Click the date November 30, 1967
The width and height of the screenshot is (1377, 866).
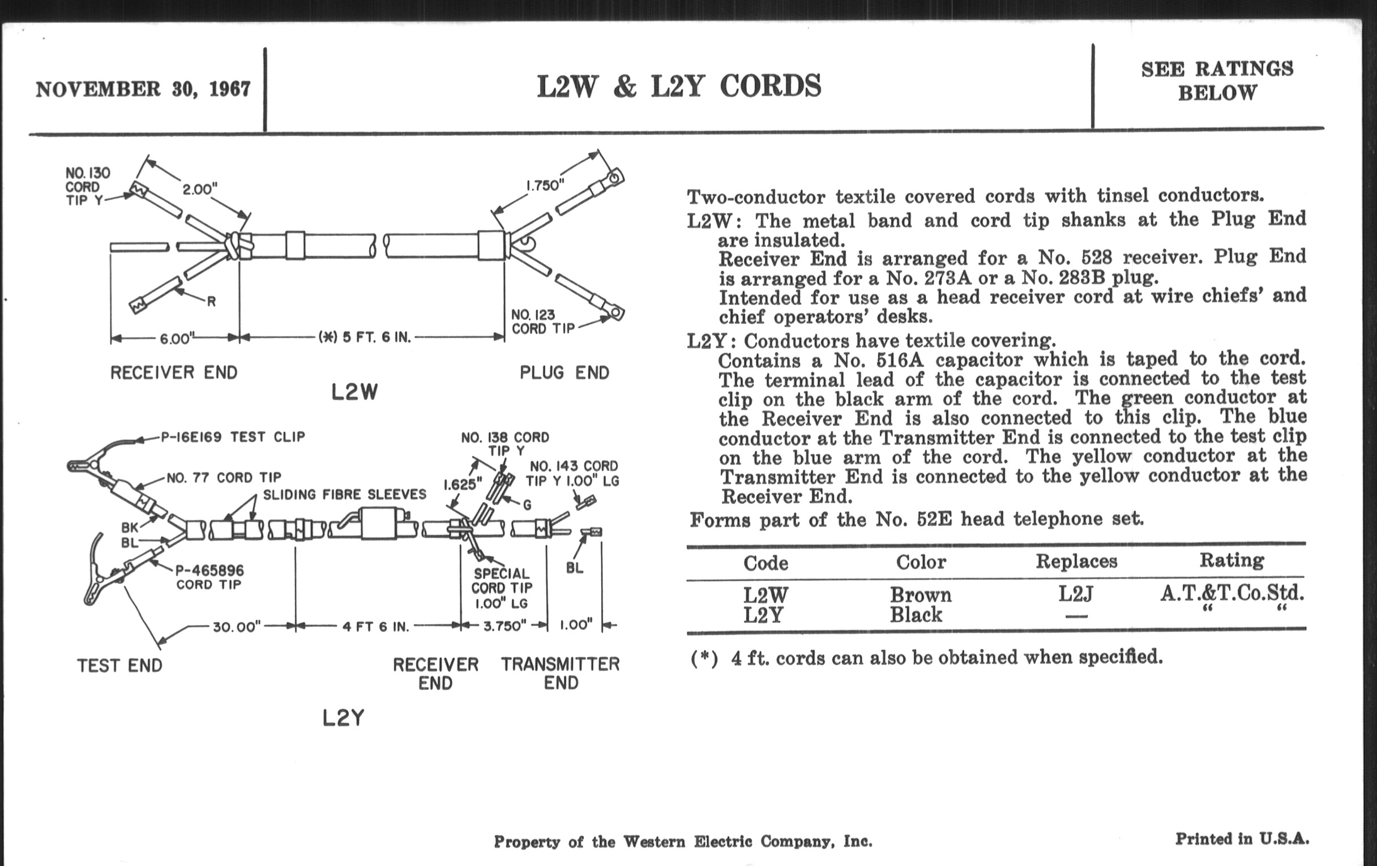pos(143,89)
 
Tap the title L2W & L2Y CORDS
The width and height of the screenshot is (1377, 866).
pos(679,86)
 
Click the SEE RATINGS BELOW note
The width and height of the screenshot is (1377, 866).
pos(1217,80)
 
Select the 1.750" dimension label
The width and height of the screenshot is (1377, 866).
pos(545,186)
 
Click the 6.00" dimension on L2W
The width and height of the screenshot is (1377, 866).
pos(175,339)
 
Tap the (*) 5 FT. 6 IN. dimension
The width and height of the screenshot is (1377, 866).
pos(365,337)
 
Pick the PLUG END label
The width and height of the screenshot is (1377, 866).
pos(565,372)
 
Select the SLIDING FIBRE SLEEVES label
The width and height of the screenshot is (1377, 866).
pos(345,494)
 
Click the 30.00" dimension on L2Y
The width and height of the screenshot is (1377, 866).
pos(237,627)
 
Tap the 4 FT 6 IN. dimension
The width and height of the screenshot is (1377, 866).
pos(376,627)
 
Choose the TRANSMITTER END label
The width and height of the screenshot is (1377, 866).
pos(561,673)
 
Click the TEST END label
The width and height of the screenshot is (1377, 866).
pos(119,666)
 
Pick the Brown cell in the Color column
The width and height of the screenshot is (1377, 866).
pos(921,595)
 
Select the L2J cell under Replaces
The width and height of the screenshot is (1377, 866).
pos(1076,594)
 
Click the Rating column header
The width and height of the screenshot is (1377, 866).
pos(1231,561)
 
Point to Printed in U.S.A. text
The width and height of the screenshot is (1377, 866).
pos(1242,839)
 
